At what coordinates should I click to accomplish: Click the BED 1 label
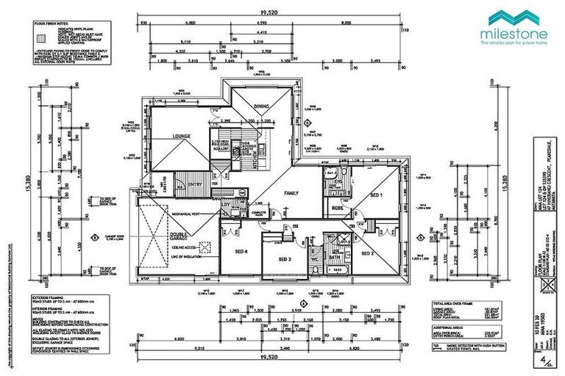point(376,196)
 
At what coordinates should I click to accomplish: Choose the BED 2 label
point(368,253)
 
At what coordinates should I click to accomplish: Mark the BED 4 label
point(241,252)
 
